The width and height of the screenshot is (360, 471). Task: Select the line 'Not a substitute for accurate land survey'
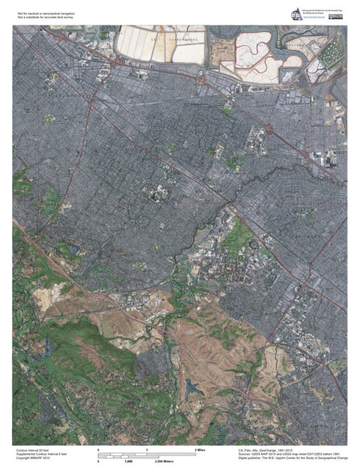point(46,15)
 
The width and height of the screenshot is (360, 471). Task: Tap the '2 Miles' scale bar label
point(200,448)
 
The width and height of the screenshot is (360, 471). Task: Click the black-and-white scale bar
point(147,454)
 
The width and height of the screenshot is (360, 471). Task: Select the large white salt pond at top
point(142,43)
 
